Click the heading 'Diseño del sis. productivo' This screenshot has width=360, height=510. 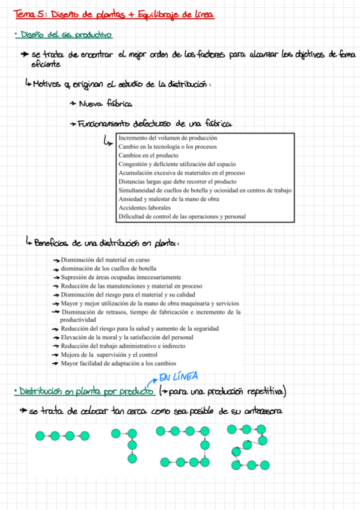point(66,36)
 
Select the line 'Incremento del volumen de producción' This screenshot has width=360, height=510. point(168,138)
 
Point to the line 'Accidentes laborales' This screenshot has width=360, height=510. point(145,207)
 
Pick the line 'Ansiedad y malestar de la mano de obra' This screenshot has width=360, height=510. point(169,199)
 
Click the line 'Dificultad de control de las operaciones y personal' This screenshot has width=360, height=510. point(182,217)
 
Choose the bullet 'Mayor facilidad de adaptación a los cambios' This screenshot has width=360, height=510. point(118,363)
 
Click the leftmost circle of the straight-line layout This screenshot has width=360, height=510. point(40,435)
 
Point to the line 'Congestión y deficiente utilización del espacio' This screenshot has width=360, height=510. point(177,164)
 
